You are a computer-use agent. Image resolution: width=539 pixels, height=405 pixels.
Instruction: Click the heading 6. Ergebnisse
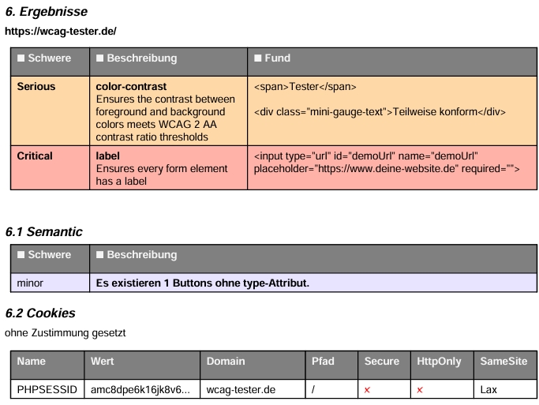click(x=47, y=12)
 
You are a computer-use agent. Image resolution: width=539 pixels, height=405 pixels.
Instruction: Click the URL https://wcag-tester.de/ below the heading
click(x=61, y=32)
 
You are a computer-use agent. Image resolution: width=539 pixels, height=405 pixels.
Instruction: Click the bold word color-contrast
click(x=131, y=86)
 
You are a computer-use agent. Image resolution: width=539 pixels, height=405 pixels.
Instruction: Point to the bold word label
click(x=107, y=156)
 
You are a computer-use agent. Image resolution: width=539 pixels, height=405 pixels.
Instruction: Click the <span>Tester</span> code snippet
click(x=305, y=86)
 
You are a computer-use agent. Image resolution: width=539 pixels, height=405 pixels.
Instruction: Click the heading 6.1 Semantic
click(x=43, y=232)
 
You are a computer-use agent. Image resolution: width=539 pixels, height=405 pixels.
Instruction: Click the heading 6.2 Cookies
click(x=40, y=313)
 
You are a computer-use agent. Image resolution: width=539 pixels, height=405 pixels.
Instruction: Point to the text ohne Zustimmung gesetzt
click(x=66, y=333)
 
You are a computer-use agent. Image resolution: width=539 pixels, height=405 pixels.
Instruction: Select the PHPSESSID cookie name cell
click(x=47, y=389)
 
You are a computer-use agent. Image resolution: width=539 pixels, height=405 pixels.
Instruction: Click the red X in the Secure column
click(x=367, y=390)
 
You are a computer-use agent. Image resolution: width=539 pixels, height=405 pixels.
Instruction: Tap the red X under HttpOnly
click(x=420, y=390)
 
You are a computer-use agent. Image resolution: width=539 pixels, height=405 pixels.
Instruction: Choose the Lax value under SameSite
click(x=488, y=389)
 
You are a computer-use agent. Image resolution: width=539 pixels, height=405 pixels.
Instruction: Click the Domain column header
click(x=226, y=361)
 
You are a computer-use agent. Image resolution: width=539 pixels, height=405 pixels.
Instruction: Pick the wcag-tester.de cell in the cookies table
click(x=241, y=389)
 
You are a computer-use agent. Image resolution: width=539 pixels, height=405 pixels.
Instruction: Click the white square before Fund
click(x=257, y=58)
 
